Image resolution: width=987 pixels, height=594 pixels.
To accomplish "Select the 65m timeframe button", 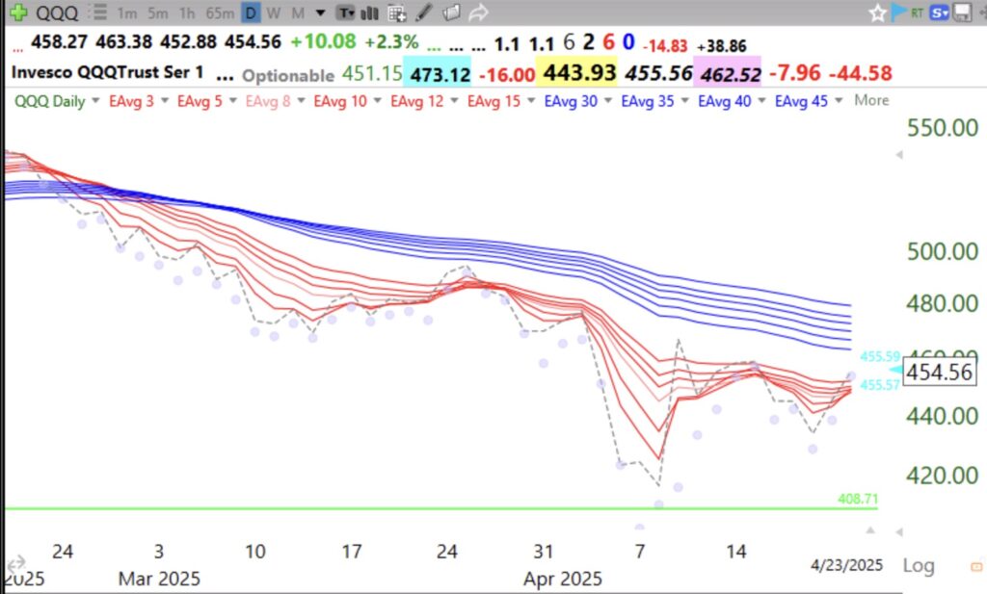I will [x=221, y=13].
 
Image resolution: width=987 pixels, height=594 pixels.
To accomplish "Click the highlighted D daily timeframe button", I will [x=251, y=13].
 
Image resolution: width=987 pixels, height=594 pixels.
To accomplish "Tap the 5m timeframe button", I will [x=157, y=13].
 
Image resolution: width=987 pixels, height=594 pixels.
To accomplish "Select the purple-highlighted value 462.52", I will [x=729, y=74].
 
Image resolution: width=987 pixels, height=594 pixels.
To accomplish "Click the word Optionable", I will [x=288, y=75].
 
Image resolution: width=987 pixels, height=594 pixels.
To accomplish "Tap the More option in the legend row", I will [x=871, y=101].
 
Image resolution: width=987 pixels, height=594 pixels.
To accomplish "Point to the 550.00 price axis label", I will [x=945, y=129].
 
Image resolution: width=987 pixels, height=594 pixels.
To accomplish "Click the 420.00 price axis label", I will [x=945, y=476].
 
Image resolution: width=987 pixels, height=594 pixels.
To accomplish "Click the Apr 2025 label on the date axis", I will [x=563, y=579].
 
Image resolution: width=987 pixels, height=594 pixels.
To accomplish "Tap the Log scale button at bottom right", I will [x=918, y=565].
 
